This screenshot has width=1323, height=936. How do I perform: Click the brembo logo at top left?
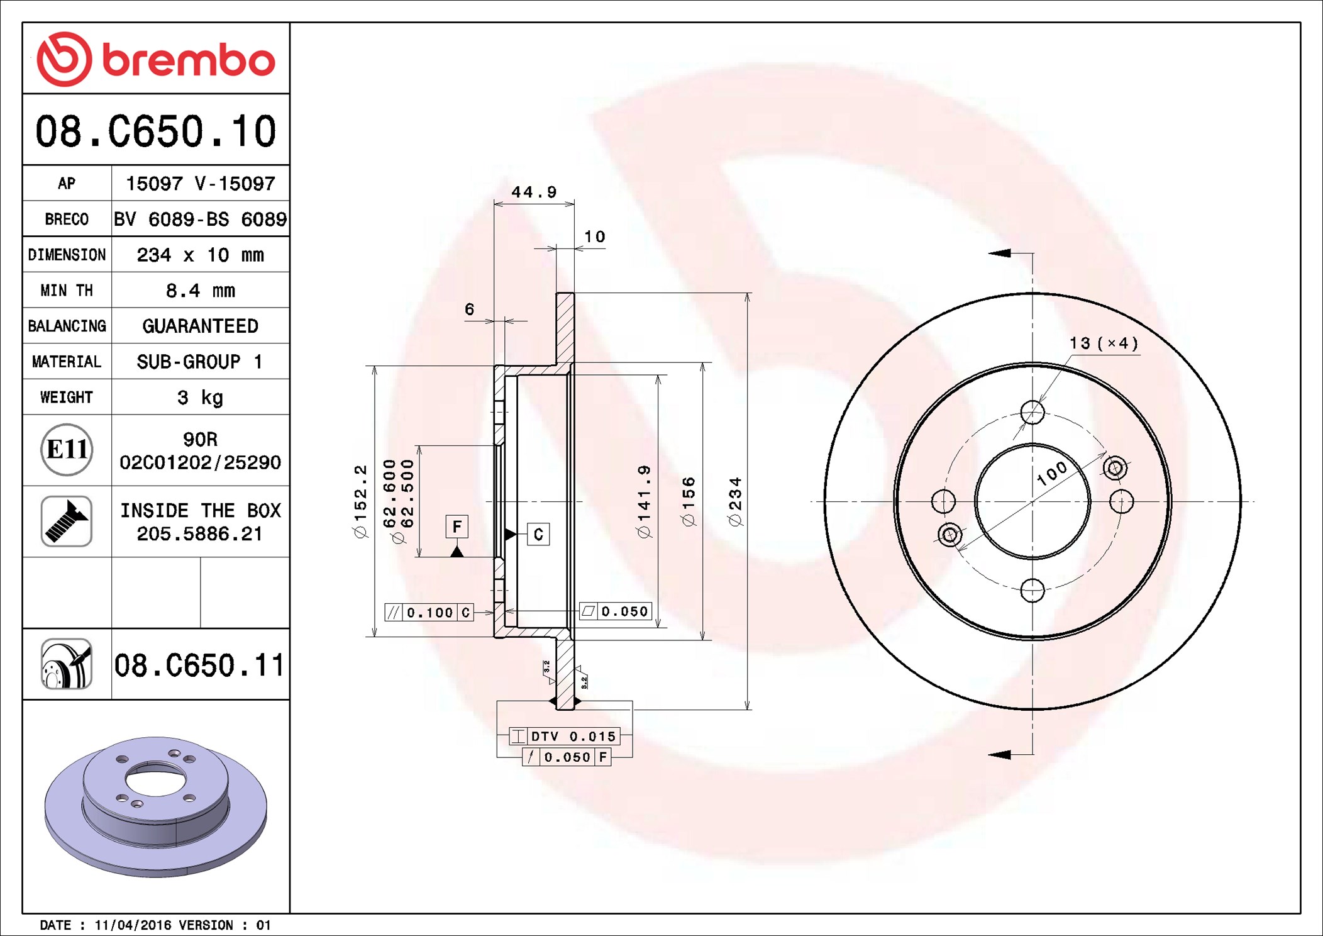click(x=156, y=59)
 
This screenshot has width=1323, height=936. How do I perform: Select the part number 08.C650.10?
click(x=156, y=131)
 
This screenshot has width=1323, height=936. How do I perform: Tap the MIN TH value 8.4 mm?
click(x=200, y=290)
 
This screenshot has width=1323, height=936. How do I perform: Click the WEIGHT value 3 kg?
click(x=200, y=397)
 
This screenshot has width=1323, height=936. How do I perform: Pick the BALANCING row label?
click(x=67, y=326)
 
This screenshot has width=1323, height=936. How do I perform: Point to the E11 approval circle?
click(x=67, y=449)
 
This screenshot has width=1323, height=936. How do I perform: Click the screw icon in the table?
click(x=67, y=521)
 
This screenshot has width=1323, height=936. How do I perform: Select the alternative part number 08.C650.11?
click(x=199, y=665)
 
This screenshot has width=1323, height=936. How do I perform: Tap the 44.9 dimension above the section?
click(x=534, y=192)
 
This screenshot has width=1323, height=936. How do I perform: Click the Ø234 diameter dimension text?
click(x=735, y=501)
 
